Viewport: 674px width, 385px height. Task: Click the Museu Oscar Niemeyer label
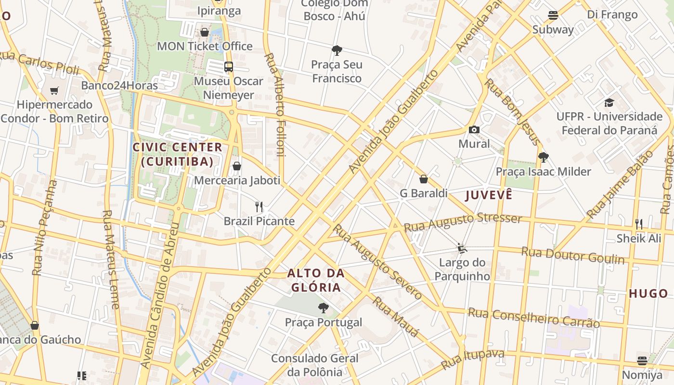[228, 88]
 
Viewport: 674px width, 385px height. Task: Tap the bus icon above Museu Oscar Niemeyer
[228, 67]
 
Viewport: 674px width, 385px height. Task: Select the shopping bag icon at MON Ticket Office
[205, 32]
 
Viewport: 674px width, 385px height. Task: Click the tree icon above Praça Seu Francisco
[337, 50]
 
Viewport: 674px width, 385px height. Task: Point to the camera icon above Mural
[474, 130]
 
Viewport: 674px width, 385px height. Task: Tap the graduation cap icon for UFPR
[609, 103]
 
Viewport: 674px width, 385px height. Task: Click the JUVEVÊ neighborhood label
[488, 195]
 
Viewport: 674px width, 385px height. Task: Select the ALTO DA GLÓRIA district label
[316, 281]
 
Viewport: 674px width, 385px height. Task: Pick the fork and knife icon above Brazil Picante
[259, 207]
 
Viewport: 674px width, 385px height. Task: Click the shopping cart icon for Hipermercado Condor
[54, 90]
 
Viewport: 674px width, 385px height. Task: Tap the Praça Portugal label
[323, 322]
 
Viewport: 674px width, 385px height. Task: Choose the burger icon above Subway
[553, 15]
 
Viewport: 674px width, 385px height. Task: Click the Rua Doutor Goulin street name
[573, 255]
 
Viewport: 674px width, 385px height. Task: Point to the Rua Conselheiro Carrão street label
[534, 318]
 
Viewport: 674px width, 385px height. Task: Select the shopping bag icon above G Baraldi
[424, 179]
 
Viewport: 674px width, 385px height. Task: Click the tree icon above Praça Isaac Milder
[543, 157]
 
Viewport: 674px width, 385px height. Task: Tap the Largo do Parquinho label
[462, 269]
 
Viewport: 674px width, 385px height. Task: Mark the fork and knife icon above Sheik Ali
[639, 224]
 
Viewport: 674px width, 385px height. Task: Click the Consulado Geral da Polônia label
[315, 365]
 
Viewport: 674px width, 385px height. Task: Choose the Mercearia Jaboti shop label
[237, 180]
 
